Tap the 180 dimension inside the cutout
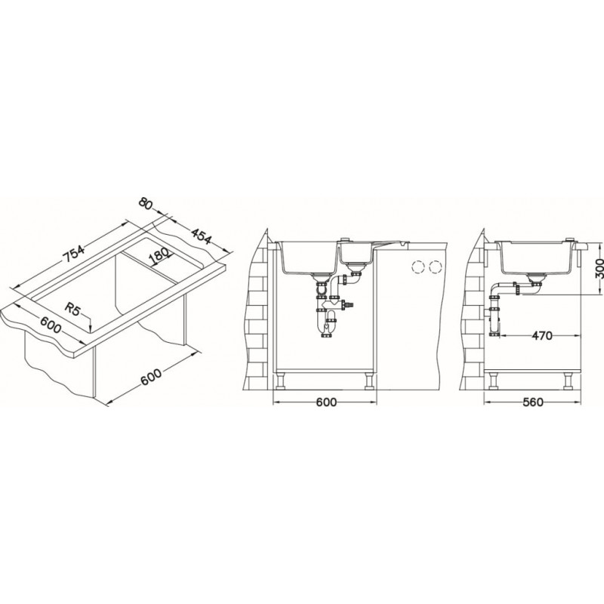159,256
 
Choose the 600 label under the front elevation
326,402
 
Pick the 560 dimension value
533,402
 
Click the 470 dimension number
542,336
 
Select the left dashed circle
418,267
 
